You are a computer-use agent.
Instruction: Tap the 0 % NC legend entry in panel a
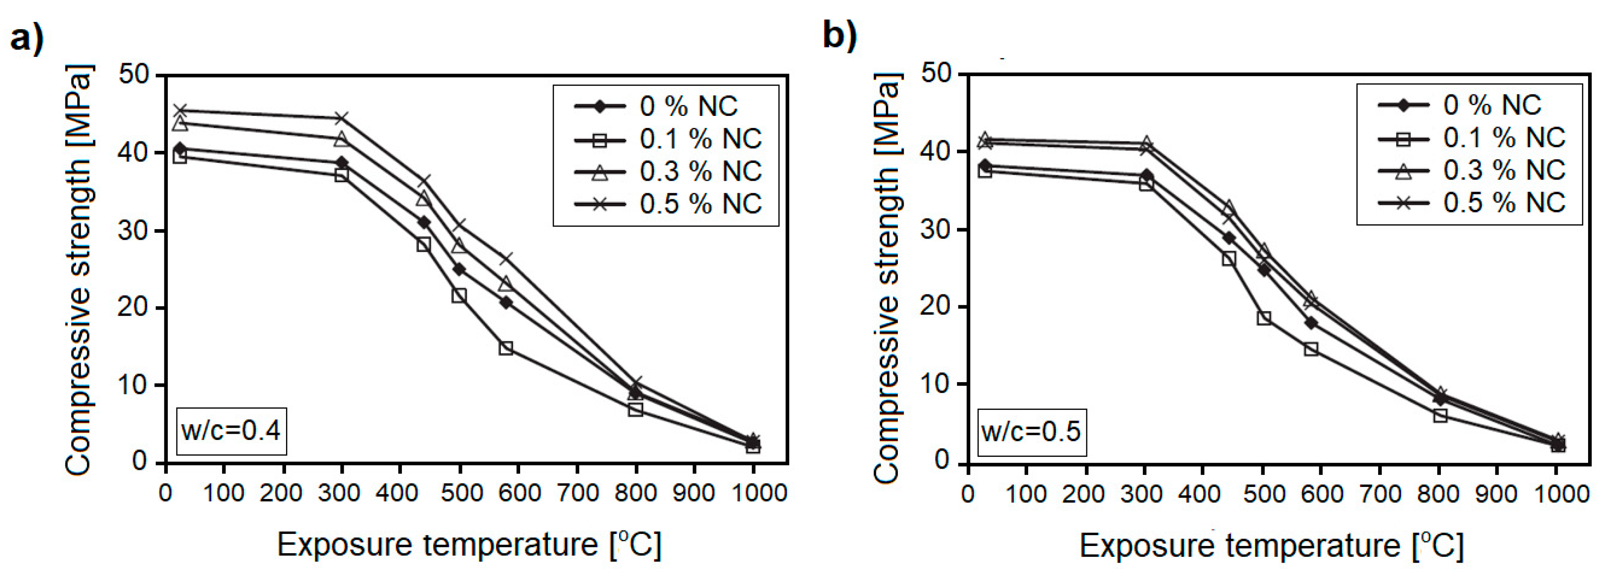coord(656,107)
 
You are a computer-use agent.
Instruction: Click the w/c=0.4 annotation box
coord(231,431)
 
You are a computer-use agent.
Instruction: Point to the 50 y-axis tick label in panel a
coord(134,76)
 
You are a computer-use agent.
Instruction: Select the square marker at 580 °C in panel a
coord(506,348)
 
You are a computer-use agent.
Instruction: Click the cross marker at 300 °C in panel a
coord(342,118)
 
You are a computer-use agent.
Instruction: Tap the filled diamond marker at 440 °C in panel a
coord(424,222)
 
